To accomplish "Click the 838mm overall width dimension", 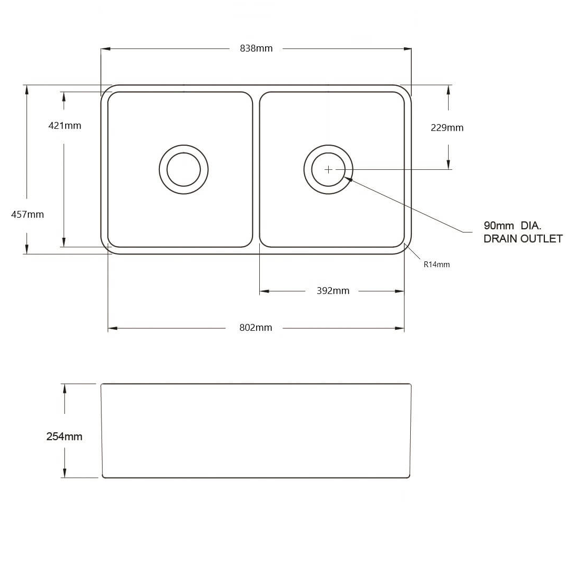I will coord(256,48).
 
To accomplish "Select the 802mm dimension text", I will coord(256,328).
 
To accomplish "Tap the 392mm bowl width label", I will coord(333,291).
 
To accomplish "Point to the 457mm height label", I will coord(27,215).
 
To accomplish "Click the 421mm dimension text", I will coord(65,126).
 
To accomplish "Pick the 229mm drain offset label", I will coord(447,128).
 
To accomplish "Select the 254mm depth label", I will coord(64,437).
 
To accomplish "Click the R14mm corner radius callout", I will coord(437,265).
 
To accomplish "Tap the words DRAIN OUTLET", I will coord(523,239).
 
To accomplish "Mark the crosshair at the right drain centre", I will coord(329,169).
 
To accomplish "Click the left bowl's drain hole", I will coord(184,169).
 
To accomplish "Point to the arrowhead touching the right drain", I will coord(348,179).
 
